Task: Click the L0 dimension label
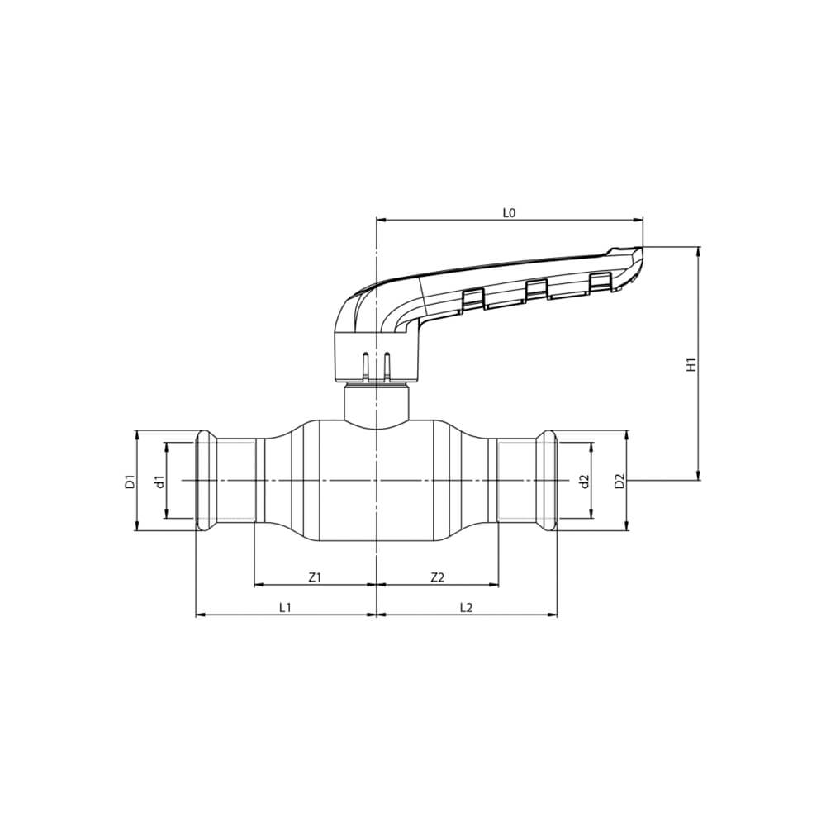pyautogui.click(x=508, y=213)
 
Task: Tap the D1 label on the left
pyautogui.click(x=131, y=481)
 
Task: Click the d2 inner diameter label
pyautogui.click(x=584, y=481)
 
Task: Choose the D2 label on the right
pyautogui.click(x=620, y=481)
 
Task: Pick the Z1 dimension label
pyautogui.click(x=315, y=577)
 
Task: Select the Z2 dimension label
pyautogui.click(x=438, y=577)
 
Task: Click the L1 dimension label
pyautogui.click(x=285, y=607)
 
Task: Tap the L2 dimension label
pyautogui.click(x=466, y=607)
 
